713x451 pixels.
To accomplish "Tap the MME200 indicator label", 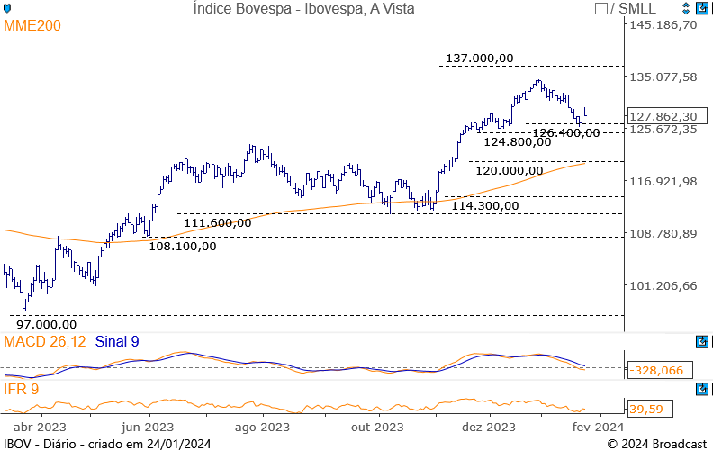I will (x=32, y=26).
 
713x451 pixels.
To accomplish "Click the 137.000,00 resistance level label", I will (x=480, y=58).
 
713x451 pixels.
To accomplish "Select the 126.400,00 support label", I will (x=565, y=132).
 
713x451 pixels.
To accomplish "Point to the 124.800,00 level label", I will (x=518, y=141).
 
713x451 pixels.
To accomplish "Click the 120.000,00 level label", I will (x=510, y=170).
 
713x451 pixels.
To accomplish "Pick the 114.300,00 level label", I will (x=485, y=205).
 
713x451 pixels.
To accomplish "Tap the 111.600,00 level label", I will (x=217, y=222).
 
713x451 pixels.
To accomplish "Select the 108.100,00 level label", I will (x=182, y=245).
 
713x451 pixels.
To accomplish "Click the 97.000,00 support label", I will (x=46, y=324).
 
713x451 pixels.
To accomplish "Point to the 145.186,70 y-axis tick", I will (x=663, y=24).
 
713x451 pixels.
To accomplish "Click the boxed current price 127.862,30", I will (x=663, y=116).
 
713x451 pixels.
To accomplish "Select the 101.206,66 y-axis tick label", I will (x=663, y=286).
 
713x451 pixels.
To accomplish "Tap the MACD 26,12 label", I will (x=45, y=342).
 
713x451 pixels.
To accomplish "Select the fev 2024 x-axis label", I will (x=597, y=427).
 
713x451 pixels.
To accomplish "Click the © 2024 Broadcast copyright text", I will (x=656, y=444).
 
